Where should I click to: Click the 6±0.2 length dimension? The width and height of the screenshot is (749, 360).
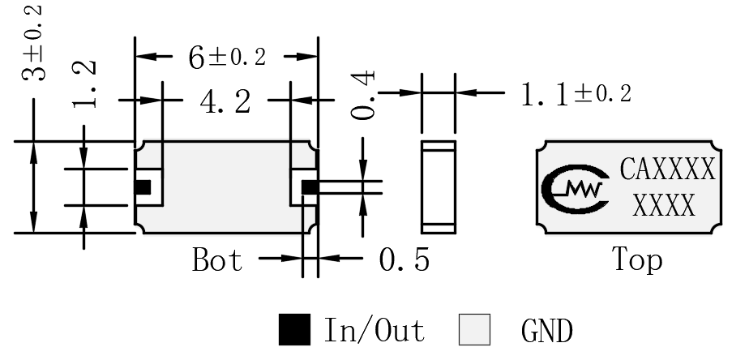coord(227,58)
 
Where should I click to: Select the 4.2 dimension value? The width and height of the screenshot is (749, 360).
coord(225,102)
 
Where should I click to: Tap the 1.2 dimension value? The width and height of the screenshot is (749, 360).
coord(86,84)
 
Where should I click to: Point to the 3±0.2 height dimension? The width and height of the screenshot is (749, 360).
coord(34,43)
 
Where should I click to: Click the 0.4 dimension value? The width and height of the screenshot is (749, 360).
coord(363,95)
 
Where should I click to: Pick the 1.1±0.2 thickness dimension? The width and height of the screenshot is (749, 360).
coord(576,94)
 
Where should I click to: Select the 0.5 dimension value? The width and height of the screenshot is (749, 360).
coord(404,259)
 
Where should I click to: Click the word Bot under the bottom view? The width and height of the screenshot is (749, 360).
coord(217,259)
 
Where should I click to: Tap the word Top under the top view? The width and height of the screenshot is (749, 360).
coord(637,259)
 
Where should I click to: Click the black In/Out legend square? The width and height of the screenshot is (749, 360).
coord(294,329)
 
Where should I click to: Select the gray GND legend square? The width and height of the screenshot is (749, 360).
coord(474,329)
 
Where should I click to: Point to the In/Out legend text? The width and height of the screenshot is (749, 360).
coord(374,330)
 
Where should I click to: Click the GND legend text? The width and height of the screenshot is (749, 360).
coord(547,330)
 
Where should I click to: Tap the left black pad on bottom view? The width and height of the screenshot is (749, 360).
coord(143,187)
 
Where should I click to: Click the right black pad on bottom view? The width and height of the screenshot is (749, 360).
coord(310,187)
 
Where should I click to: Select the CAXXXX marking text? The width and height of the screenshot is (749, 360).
coord(667,169)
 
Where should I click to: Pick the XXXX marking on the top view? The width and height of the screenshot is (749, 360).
coord(664,206)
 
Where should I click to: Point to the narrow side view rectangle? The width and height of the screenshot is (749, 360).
coord(439,187)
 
